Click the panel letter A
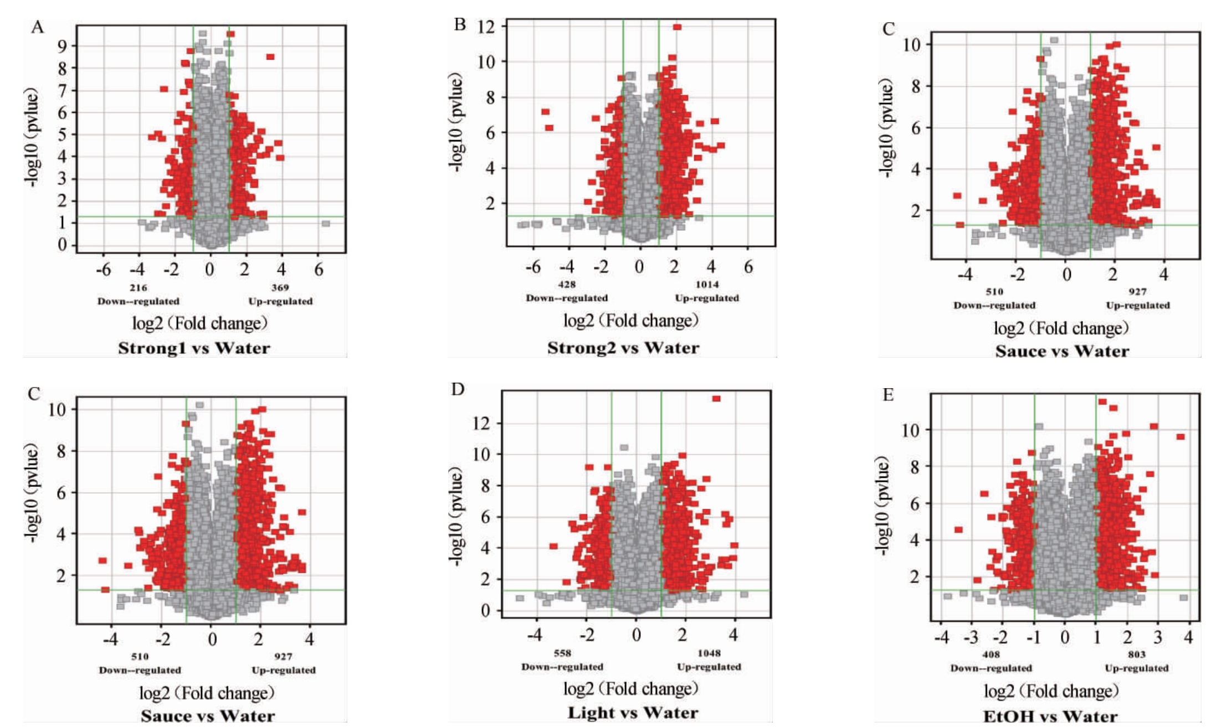point(37,27)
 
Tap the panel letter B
point(460,24)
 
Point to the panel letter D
point(458,389)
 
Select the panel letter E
point(887,395)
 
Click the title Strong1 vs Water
point(194,348)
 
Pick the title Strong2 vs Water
point(623,348)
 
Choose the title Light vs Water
point(633,713)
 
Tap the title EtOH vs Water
point(1050,716)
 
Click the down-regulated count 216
point(138,287)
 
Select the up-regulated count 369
point(280,287)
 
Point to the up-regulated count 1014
point(707,285)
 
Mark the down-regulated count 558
point(562,653)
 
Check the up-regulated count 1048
point(709,653)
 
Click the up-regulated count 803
point(1136,654)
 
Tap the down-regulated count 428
point(567,285)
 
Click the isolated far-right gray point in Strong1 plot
point(326,224)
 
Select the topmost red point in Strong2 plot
point(677,27)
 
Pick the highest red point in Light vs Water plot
point(716,399)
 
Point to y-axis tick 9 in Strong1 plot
point(63,46)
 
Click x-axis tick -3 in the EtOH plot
point(971,638)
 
